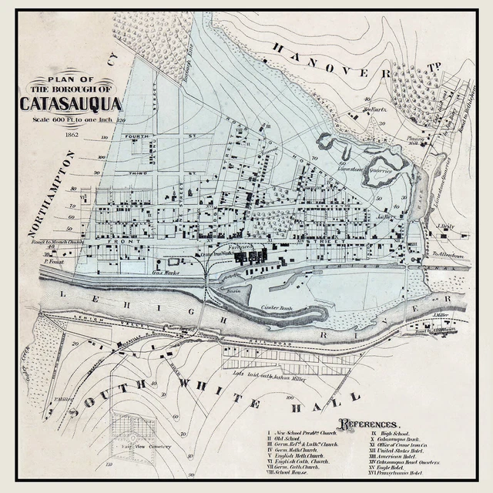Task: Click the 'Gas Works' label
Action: coord(166,272)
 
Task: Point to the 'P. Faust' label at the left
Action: coord(52,261)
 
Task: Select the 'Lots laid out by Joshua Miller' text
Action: coord(276,375)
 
